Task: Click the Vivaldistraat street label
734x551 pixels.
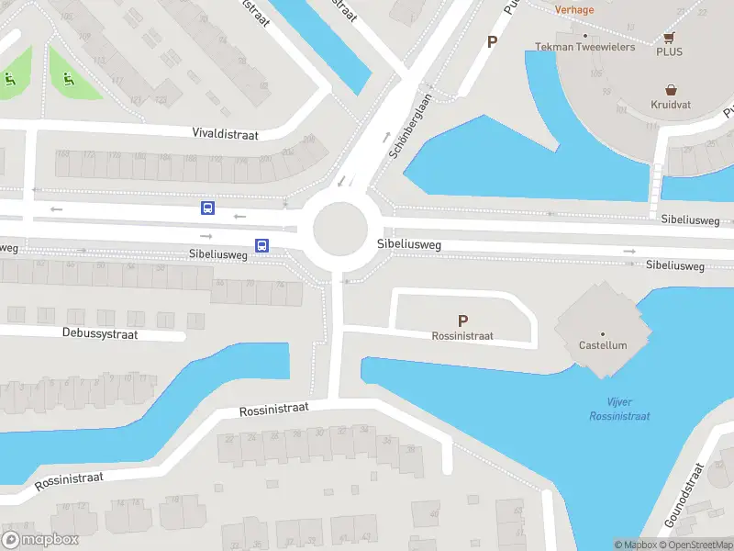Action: (225, 134)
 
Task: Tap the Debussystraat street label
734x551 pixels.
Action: (100, 334)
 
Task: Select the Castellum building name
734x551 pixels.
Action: (603, 346)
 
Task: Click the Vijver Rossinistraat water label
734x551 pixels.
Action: (620, 409)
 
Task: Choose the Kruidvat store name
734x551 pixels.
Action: (672, 106)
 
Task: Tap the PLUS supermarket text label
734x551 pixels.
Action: (669, 52)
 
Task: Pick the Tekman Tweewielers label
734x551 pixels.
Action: (585, 47)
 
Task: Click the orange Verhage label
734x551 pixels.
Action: (574, 10)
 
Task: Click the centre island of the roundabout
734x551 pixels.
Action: (340, 230)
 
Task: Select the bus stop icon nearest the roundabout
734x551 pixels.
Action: (261, 245)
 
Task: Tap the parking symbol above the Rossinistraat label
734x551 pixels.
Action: (463, 320)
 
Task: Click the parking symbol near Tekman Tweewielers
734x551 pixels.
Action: (492, 41)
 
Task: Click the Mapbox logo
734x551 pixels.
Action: (39, 540)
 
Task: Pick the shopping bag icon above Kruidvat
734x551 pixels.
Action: (672, 90)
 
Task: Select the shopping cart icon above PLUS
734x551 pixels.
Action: (669, 38)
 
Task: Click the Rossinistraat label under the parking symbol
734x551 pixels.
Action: (462, 336)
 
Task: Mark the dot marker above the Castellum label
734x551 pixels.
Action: (603, 333)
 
